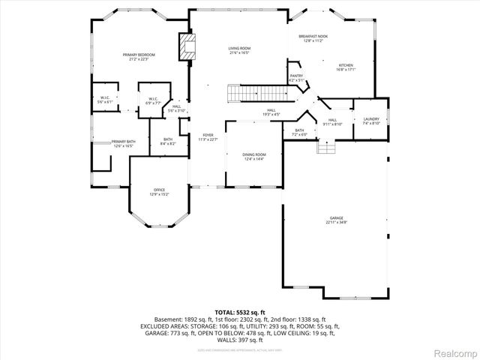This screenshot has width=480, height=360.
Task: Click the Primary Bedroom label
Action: click(139, 57)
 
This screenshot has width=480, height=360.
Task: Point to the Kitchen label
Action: click(345, 67)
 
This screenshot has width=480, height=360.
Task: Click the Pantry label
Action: click(296, 78)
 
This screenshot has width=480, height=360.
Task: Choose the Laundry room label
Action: click(371, 121)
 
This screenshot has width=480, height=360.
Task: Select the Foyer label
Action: click(207, 138)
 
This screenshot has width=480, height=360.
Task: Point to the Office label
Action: click(159, 192)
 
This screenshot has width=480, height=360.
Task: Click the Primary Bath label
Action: click(123, 143)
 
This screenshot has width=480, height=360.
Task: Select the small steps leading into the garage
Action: click(325, 147)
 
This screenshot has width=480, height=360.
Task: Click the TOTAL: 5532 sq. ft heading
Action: click(240, 312)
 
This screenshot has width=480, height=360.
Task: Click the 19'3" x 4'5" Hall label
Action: click(271, 112)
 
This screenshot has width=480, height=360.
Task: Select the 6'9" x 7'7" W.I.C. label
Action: click(153, 101)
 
